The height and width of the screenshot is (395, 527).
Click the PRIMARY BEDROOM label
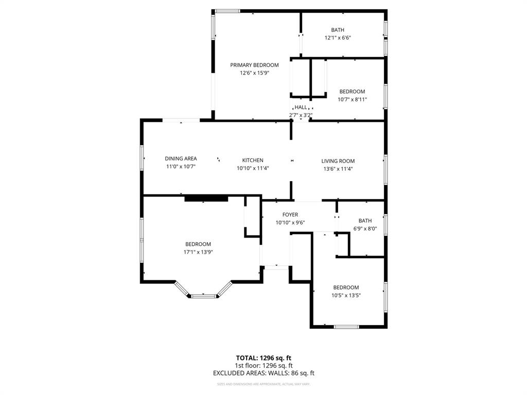click(254, 65)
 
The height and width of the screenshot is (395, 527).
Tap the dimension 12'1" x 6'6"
click(338, 38)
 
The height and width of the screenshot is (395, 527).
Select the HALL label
click(301, 107)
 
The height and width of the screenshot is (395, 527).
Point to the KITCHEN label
click(253, 160)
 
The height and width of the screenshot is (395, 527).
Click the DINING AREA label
click(181, 158)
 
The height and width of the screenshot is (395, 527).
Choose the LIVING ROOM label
click(338, 161)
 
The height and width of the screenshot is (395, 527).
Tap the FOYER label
click(290, 214)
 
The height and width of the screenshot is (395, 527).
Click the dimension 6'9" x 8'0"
click(365, 229)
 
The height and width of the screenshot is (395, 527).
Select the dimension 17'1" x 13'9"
click(198, 252)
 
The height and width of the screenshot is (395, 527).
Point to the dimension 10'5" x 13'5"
click(346, 295)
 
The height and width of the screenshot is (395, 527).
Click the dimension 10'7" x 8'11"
click(352, 100)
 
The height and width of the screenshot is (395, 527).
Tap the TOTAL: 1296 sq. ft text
click(263, 357)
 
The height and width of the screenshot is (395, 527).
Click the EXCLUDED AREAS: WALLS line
click(263, 373)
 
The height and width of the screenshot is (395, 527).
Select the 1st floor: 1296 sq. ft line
click(263, 365)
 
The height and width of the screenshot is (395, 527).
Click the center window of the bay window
click(203, 296)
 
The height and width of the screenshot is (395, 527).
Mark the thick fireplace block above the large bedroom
click(206, 198)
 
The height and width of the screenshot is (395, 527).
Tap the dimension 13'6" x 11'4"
click(338, 169)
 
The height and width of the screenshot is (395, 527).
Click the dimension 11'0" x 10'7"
click(181, 167)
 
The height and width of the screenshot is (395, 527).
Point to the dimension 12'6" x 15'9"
click(254, 73)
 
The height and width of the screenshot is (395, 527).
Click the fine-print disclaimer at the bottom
click(263, 384)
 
